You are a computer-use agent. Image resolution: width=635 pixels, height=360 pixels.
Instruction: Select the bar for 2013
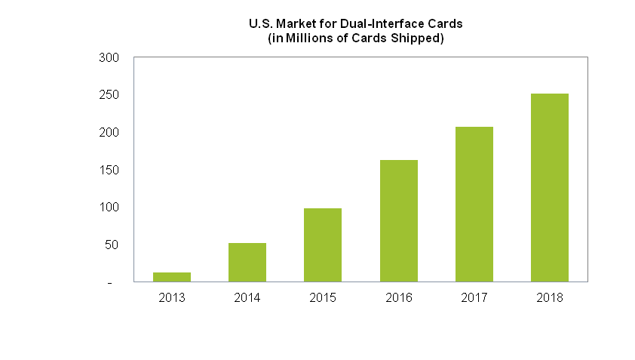[x=172, y=277]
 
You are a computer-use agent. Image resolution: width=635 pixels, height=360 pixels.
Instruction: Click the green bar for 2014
[x=247, y=263]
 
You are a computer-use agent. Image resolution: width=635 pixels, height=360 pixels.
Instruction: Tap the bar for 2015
[x=323, y=245]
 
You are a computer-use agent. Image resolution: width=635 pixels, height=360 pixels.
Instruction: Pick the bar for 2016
[x=398, y=221]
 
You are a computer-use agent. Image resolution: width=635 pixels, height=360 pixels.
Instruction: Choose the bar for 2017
[x=474, y=205]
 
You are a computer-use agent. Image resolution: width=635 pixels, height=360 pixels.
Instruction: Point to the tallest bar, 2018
[x=550, y=188]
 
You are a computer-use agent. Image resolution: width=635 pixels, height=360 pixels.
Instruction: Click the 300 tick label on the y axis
[x=109, y=57]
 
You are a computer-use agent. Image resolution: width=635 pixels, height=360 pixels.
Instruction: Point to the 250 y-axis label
[x=109, y=95]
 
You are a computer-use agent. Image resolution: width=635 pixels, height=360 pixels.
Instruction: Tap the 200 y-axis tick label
[x=109, y=133]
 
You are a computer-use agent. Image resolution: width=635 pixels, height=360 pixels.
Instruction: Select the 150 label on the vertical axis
[x=109, y=170]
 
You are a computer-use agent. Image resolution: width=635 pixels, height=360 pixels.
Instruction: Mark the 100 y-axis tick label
[x=109, y=207]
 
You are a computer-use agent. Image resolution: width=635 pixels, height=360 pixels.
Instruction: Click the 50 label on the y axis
[x=112, y=245]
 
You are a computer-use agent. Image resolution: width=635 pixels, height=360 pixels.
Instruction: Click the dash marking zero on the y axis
[x=110, y=283]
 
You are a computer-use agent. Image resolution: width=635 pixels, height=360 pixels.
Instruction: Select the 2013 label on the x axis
[x=172, y=298]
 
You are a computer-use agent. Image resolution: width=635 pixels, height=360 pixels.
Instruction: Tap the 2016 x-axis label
[x=399, y=298]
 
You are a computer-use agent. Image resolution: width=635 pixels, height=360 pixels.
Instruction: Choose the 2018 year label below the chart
[x=550, y=298]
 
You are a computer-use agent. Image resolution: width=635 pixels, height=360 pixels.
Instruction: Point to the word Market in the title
[x=296, y=24]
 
